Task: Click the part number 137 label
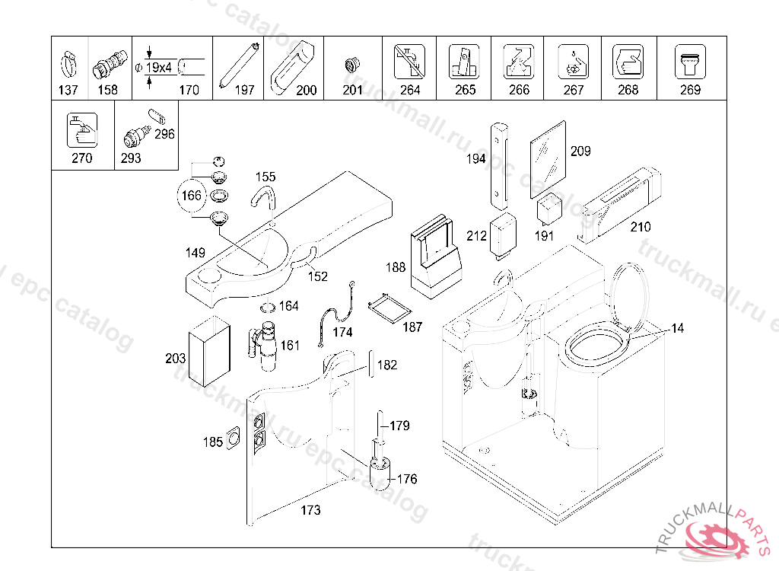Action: pos(68,90)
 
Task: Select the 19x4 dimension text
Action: pos(158,68)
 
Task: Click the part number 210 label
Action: pos(640,227)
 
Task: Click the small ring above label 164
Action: pos(267,308)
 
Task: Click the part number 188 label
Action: pos(396,268)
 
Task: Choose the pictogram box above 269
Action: pos(690,61)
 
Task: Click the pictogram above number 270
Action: pos(81,130)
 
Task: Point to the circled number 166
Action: pos(191,196)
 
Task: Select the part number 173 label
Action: pos(311,510)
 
